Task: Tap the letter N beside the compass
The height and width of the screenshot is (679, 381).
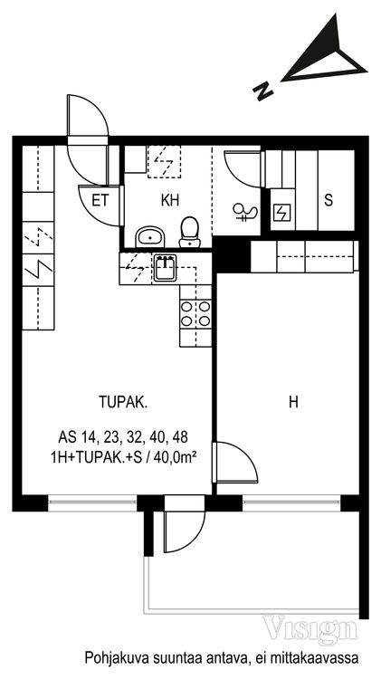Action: tap(263, 91)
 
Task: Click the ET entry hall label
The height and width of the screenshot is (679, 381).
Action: tap(100, 200)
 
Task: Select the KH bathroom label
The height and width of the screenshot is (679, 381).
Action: tap(170, 200)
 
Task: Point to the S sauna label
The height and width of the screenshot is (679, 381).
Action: tap(329, 200)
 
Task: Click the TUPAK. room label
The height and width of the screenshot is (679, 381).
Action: tap(123, 403)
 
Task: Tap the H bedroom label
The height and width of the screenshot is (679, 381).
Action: tap(293, 403)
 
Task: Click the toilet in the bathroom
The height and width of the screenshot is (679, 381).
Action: tap(190, 232)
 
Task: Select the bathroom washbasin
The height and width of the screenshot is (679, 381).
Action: tap(150, 237)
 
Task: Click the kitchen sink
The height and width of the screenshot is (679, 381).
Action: tap(165, 268)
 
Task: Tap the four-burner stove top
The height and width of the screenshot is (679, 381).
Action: tap(195, 314)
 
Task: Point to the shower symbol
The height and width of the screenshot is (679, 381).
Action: tap(244, 212)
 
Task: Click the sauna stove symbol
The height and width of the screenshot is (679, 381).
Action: tap(281, 212)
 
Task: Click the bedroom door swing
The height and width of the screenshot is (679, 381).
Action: tap(237, 463)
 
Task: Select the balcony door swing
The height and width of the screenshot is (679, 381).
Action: tap(184, 531)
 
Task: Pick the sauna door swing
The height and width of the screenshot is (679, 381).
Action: tap(243, 168)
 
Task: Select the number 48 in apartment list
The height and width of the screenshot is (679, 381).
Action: tap(180, 437)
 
